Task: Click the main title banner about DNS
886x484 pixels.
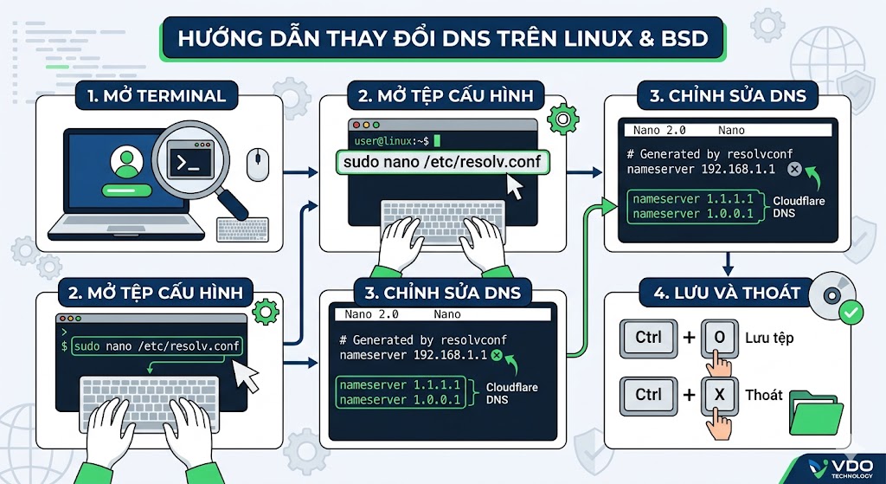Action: [x=442, y=38]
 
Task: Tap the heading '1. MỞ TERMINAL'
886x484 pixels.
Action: [x=157, y=95]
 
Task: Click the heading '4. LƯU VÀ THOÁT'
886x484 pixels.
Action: [x=727, y=293]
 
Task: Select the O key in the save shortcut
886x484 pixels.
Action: [x=719, y=339]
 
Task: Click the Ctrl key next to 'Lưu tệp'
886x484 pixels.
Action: [x=648, y=339]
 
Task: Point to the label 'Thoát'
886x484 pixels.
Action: [x=763, y=394]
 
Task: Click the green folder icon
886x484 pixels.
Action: [x=816, y=412]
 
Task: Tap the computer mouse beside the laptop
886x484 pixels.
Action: [x=258, y=165]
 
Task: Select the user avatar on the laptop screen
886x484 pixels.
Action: [x=126, y=162]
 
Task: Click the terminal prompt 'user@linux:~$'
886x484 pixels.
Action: [x=392, y=140]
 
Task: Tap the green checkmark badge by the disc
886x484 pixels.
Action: [x=851, y=312]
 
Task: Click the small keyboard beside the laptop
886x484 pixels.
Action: [x=242, y=229]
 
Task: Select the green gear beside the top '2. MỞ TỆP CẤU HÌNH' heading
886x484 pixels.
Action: [x=562, y=119]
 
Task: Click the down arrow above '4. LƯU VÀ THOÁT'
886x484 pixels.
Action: [x=728, y=264]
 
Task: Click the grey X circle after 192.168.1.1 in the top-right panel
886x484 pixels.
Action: [x=794, y=169]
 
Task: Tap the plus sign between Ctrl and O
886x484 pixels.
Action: [x=689, y=339]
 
